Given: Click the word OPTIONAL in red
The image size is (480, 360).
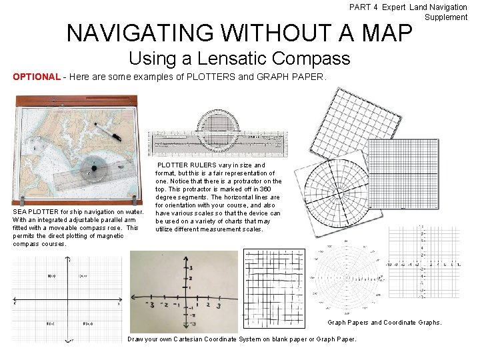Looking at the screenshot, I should click(36, 77).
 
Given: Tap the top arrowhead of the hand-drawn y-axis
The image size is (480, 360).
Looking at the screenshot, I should click(185, 256).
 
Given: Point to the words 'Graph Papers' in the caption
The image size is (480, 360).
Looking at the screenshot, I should click(347, 323).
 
